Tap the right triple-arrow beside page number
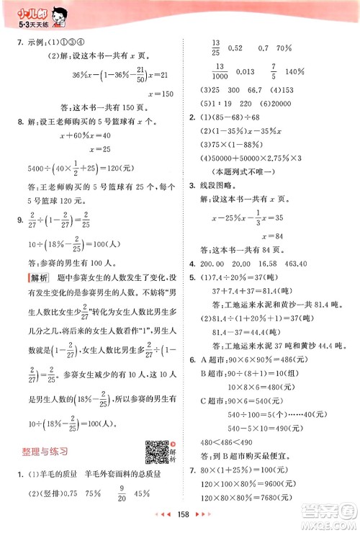(201, 516)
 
